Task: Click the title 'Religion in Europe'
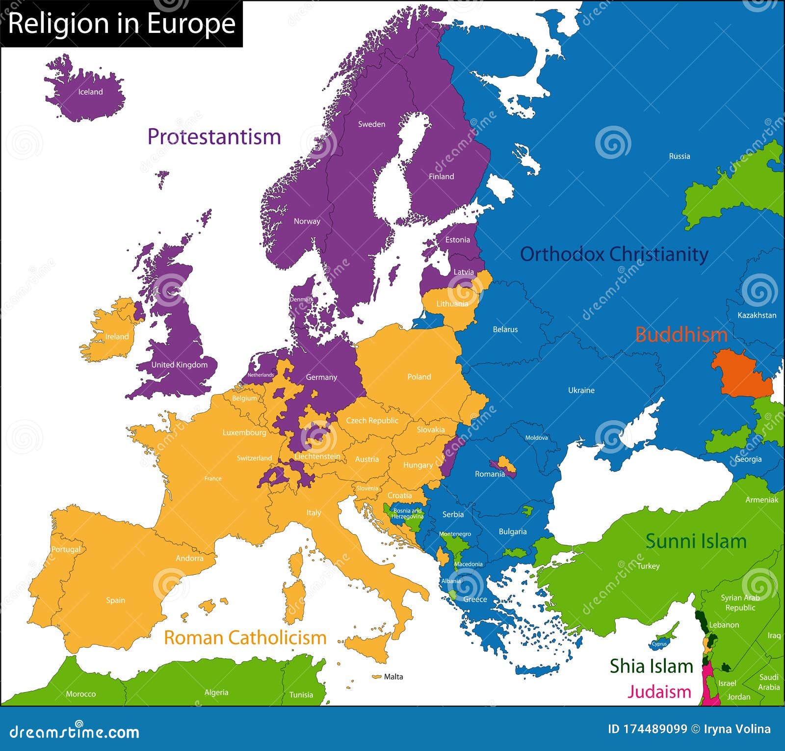(x=122, y=24)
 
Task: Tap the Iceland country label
(x=90, y=92)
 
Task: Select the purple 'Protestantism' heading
(x=214, y=136)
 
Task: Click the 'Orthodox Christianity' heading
(x=614, y=254)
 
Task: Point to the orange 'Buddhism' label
(x=681, y=335)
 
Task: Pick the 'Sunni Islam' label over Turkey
(x=696, y=541)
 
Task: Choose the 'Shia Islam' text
(x=651, y=666)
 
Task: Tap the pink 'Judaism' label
(x=659, y=692)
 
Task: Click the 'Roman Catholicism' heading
(x=245, y=638)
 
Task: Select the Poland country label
(x=419, y=377)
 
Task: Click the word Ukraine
(x=581, y=390)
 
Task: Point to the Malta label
(x=393, y=676)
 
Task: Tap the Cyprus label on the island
(x=659, y=644)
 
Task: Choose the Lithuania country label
(x=452, y=304)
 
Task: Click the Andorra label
(x=189, y=558)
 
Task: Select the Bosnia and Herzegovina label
(x=407, y=513)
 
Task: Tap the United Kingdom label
(x=179, y=365)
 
